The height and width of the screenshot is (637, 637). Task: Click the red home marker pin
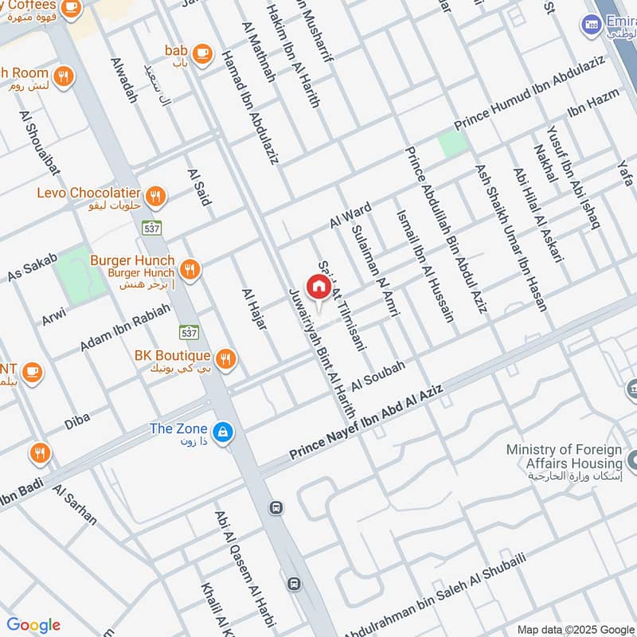tap(317, 287)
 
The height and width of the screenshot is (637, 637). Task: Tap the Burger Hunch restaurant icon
tap(189, 269)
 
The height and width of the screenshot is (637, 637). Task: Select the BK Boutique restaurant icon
tap(227, 359)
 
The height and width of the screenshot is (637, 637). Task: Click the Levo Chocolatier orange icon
tap(157, 194)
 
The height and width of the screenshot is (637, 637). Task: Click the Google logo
tap(33, 624)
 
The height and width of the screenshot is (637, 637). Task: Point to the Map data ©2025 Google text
tap(574, 629)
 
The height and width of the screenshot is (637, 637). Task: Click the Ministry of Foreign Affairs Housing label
tap(564, 457)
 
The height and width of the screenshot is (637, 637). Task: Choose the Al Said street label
tap(198, 186)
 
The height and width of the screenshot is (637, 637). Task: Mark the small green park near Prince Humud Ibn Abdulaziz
tap(452, 143)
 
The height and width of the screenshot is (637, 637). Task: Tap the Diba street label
tap(77, 420)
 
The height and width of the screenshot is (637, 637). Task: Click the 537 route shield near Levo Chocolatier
tap(152, 228)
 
